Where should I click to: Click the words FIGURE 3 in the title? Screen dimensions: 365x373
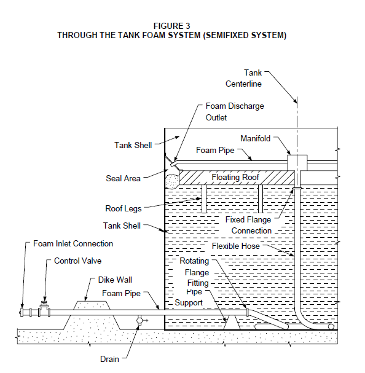coord(171,26)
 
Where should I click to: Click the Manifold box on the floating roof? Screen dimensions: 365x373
coord(297,163)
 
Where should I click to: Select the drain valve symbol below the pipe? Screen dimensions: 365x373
coord(139,321)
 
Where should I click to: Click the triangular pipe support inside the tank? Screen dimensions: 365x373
coord(232,323)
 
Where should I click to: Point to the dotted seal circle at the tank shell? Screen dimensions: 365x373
coord(172,181)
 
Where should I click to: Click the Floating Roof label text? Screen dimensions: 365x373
coord(235,177)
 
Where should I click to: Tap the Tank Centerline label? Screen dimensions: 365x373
coord(243,78)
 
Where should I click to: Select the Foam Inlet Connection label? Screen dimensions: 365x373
coord(73,243)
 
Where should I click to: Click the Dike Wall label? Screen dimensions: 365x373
coord(115,280)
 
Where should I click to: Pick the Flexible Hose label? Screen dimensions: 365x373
coord(235,246)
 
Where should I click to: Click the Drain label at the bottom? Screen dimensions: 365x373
coord(109,359)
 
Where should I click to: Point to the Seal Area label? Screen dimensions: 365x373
coord(123,178)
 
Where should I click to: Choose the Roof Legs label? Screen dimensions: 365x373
coord(124,209)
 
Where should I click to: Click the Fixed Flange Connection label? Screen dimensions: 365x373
coord(248,225)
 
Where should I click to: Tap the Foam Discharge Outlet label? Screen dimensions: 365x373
coord(235,112)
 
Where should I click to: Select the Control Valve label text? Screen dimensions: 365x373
coord(77,261)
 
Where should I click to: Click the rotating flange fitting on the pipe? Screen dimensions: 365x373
coord(248,312)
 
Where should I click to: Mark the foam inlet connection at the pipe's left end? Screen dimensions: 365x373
coord(22,312)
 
